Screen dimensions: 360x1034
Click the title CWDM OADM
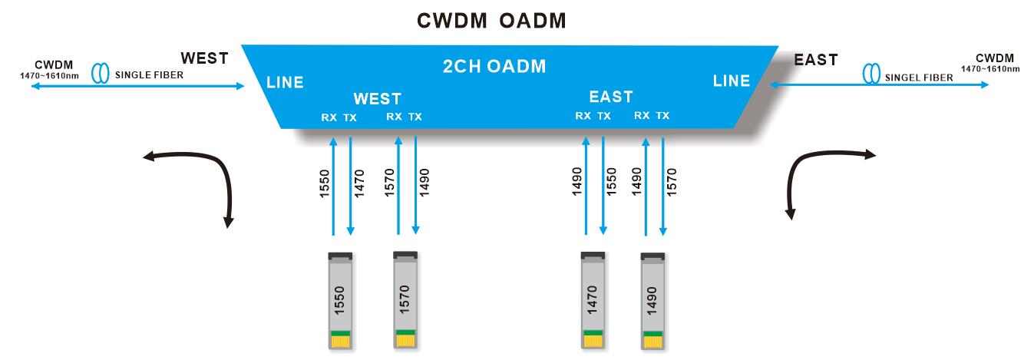click(x=491, y=21)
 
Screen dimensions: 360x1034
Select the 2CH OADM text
click(x=494, y=66)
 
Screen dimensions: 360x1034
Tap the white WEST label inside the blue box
click(x=377, y=99)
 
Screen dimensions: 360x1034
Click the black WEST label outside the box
click(x=204, y=59)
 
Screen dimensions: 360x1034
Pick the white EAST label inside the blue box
click(x=611, y=97)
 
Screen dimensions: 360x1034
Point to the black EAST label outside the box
click(x=816, y=59)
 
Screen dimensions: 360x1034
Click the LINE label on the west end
click(x=284, y=82)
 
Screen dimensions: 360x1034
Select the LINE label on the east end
click(x=731, y=81)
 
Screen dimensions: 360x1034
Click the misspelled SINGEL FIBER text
click(x=918, y=78)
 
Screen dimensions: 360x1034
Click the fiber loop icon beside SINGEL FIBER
click(x=870, y=74)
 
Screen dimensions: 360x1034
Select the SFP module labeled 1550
click(x=340, y=301)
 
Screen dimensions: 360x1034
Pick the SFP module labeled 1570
click(x=405, y=300)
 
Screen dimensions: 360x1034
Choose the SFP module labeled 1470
click(x=593, y=301)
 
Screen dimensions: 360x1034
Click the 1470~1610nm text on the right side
click(x=990, y=69)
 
